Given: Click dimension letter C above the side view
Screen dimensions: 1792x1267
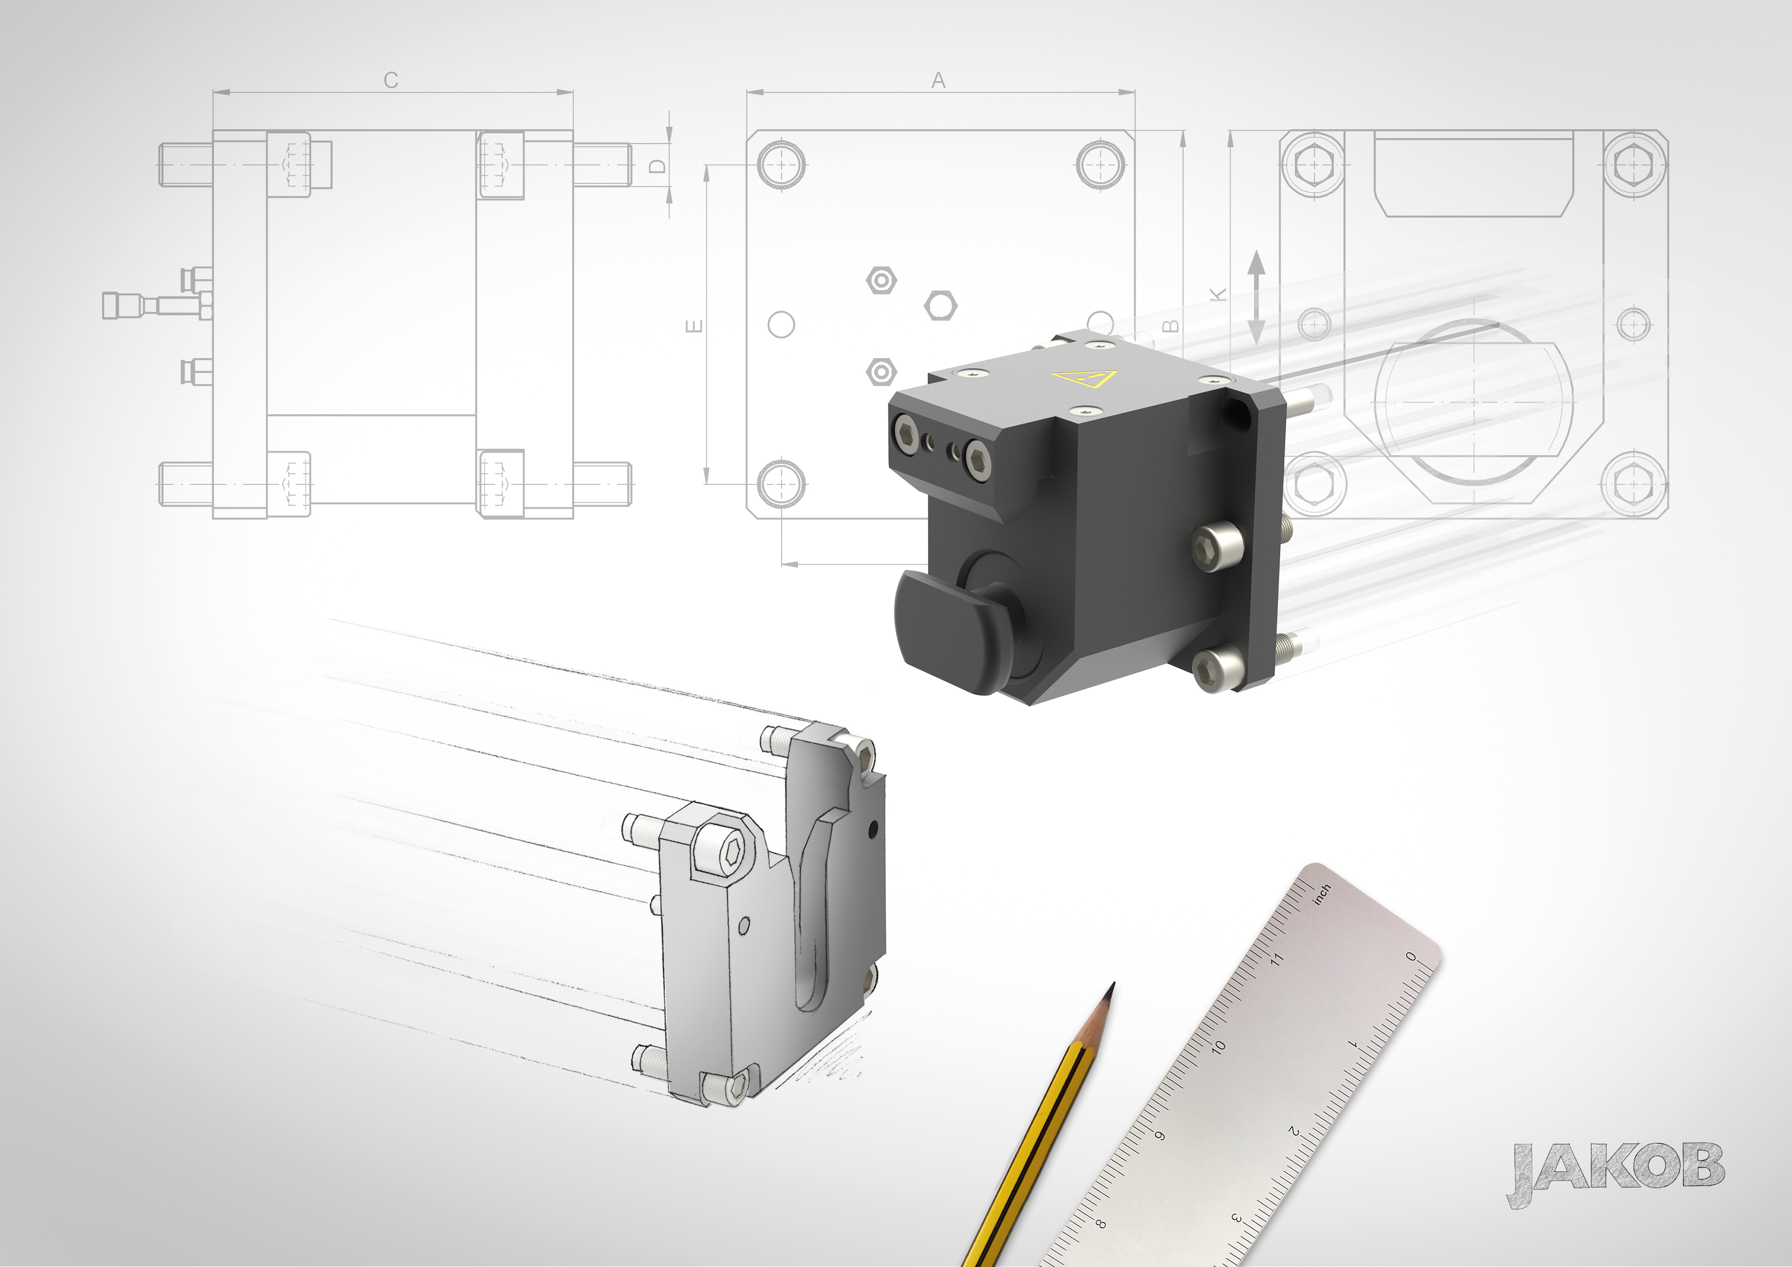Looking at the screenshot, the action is (x=391, y=80).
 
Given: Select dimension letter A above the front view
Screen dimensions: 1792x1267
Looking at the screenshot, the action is (x=939, y=80).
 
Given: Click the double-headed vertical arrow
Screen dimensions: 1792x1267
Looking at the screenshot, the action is (x=1256, y=297).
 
